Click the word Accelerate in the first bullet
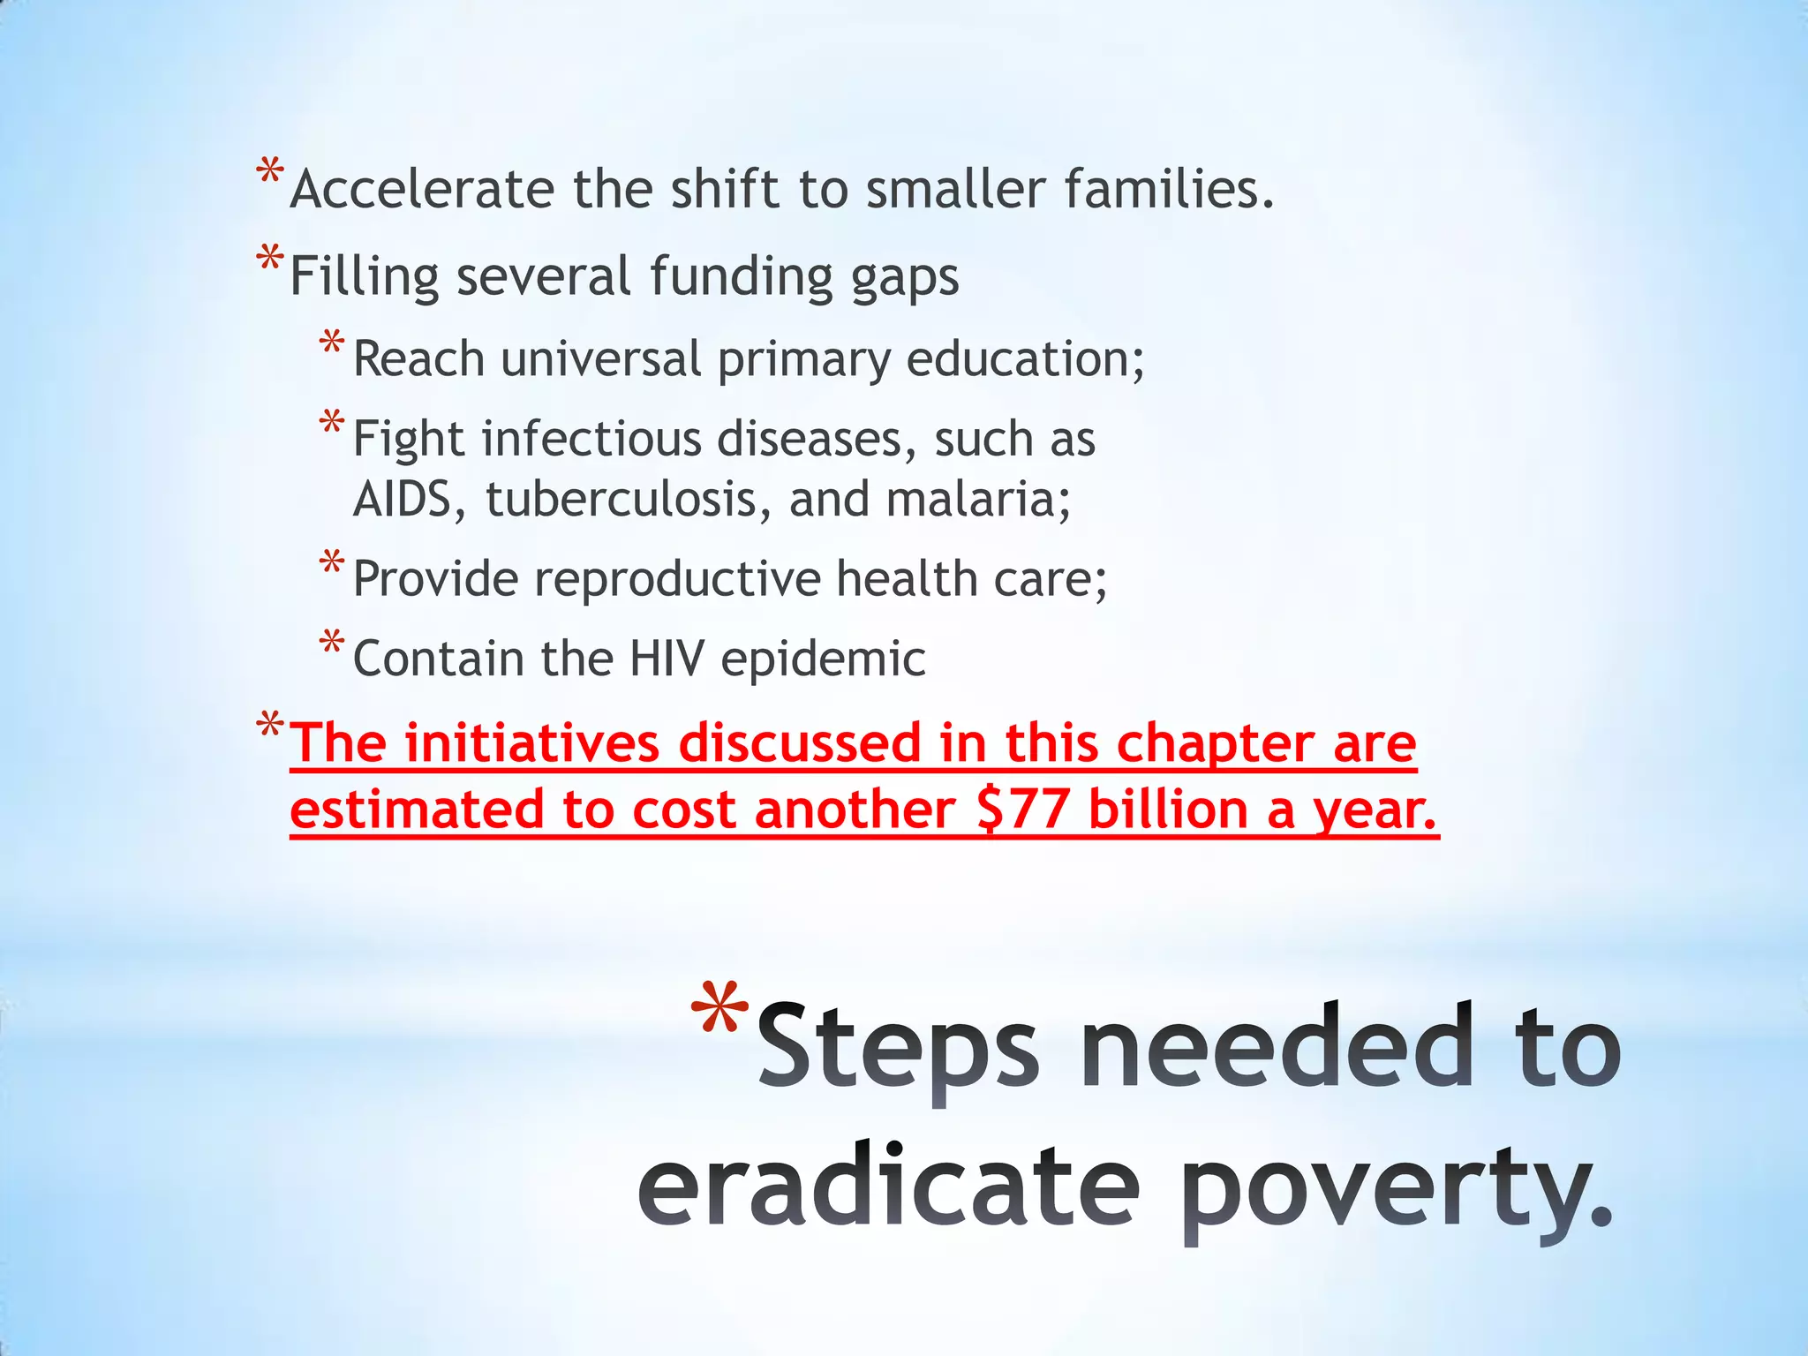click(422, 190)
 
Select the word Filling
click(364, 277)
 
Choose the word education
click(1024, 359)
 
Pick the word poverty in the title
click(1395, 1187)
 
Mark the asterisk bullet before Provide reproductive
click(332, 563)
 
